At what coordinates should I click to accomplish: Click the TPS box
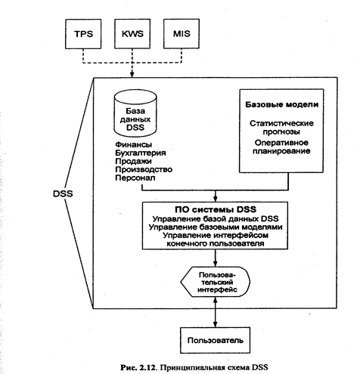83,34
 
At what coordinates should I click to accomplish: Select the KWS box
132,34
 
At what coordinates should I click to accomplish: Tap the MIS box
182,34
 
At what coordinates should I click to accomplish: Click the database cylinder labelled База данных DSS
135,113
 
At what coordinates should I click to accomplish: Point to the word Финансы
134,144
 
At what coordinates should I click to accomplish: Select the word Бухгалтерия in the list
141,153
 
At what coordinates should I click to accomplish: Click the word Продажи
133,162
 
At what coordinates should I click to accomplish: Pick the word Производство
144,169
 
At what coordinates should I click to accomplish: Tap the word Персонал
135,178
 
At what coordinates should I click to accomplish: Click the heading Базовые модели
282,104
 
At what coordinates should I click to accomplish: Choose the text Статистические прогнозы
281,128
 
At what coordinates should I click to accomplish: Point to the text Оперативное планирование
281,147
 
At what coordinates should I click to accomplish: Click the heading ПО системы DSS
216,209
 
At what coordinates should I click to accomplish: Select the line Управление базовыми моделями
216,227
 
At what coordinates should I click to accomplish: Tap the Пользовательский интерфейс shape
216,282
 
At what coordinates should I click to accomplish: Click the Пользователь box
216,341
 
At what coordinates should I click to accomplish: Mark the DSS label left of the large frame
63,193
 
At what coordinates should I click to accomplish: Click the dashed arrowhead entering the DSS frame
132,75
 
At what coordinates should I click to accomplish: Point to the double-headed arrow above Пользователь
215,312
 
